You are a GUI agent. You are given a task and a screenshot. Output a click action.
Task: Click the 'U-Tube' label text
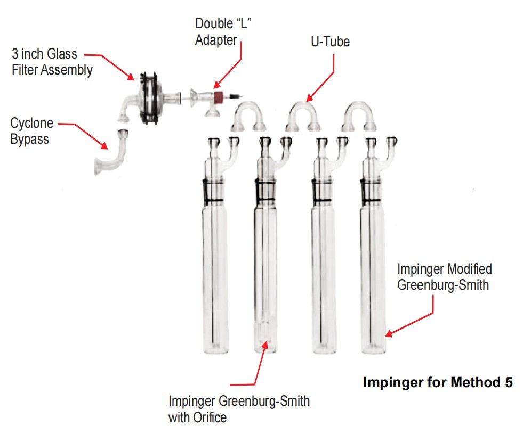click(x=330, y=42)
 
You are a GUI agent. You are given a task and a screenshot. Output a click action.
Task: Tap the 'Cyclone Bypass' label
click(x=31, y=131)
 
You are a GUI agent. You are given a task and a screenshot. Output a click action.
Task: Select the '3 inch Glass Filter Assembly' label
click(x=52, y=62)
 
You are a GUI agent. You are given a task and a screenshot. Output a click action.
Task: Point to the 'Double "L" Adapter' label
click(x=223, y=31)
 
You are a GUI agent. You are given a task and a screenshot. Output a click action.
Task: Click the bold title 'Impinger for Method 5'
click(x=438, y=382)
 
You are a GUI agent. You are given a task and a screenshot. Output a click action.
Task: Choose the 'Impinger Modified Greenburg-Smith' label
click(x=445, y=277)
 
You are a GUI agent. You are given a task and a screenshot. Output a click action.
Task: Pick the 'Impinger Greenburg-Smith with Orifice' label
click(x=239, y=409)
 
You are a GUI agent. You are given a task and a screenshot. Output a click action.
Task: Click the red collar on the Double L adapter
click(x=219, y=96)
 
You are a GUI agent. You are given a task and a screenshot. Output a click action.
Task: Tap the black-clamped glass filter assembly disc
click(x=149, y=98)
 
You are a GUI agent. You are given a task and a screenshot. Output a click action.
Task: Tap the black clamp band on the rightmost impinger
click(x=371, y=191)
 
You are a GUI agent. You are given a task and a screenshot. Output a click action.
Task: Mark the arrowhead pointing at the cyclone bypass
click(x=104, y=145)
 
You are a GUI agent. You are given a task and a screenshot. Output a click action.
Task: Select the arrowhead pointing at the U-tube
click(x=310, y=98)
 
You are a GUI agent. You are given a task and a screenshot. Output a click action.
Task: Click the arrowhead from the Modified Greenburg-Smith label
click(x=389, y=333)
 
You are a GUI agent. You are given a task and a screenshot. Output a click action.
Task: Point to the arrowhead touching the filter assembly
click(x=130, y=76)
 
